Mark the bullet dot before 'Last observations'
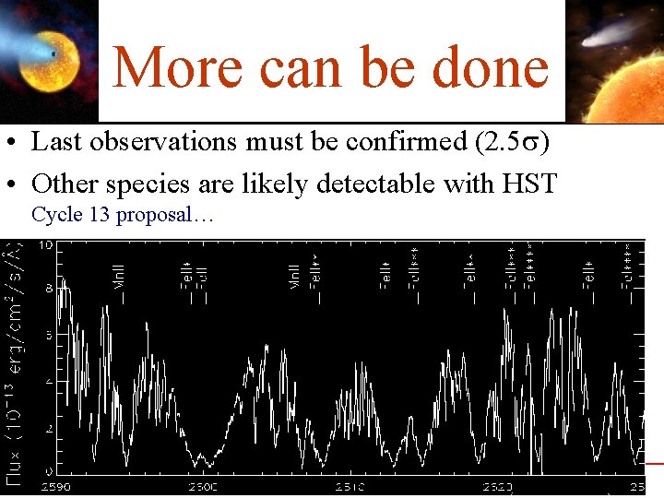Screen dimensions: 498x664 (x=18, y=144)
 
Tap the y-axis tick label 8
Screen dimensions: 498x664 (x=48, y=288)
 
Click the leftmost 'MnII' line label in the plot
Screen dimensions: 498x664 (x=119, y=276)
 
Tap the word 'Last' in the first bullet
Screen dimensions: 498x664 (x=53, y=142)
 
